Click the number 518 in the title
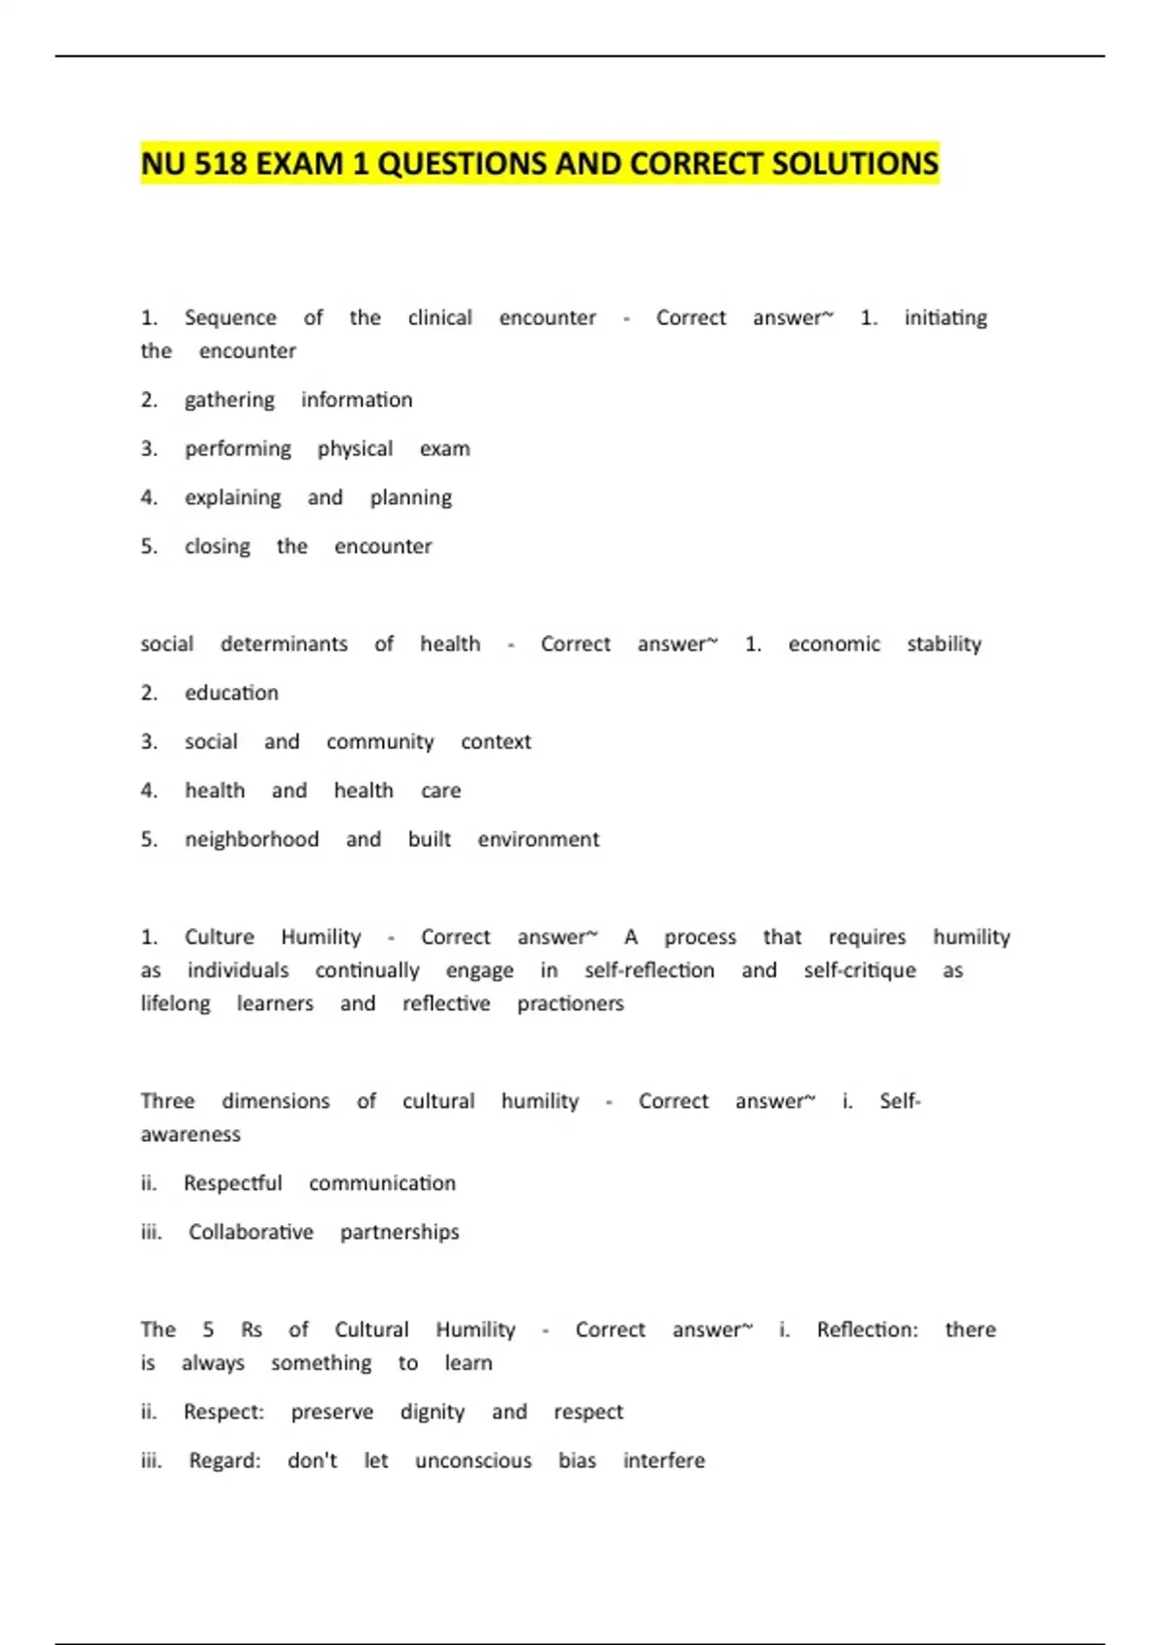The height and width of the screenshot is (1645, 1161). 221,164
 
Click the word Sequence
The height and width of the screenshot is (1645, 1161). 230,318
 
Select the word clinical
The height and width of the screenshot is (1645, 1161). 440,318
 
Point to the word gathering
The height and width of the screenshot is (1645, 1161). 229,401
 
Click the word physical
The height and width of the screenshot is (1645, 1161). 355,449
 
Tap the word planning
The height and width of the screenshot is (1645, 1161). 410,498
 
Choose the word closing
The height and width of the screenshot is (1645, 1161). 217,547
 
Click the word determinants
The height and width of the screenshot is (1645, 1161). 283,644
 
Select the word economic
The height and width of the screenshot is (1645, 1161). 834,644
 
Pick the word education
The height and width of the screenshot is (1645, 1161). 231,693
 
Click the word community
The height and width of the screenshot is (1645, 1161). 380,742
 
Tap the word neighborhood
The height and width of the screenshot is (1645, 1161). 252,840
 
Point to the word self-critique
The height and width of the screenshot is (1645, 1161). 859,971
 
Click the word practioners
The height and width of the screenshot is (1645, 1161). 570,1003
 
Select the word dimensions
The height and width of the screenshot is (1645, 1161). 276,1101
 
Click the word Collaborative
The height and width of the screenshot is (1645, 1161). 251,1232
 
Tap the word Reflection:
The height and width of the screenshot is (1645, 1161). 867,1330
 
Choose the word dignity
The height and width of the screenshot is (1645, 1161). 432,1413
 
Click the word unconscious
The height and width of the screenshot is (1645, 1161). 473,1461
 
